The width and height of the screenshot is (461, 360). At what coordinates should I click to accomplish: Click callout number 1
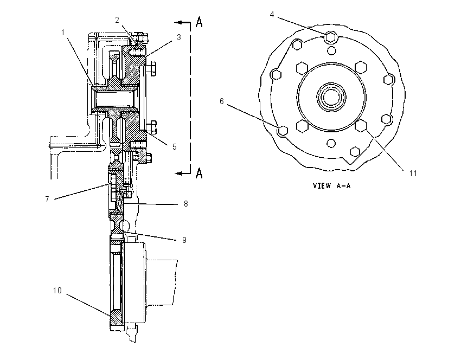click(x=62, y=32)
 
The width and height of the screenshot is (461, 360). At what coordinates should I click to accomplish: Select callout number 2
click(x=117, y=20)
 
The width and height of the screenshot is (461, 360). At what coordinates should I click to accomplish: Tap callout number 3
click(x=179, y=37)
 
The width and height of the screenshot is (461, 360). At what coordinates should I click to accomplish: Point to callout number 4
click(x=272, y=15)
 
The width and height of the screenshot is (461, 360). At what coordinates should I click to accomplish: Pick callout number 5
click(x=174, y=146)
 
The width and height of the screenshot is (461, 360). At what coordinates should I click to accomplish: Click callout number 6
click(x=222, y=101)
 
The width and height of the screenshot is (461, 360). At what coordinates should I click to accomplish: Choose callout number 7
click(x=47, y=200)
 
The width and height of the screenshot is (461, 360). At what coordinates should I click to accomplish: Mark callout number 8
click(x=186, y=204)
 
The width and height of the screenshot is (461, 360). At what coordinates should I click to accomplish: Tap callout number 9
click(x=184, y=240)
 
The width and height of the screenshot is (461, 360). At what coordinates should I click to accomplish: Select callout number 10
click(x=57, y=291)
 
